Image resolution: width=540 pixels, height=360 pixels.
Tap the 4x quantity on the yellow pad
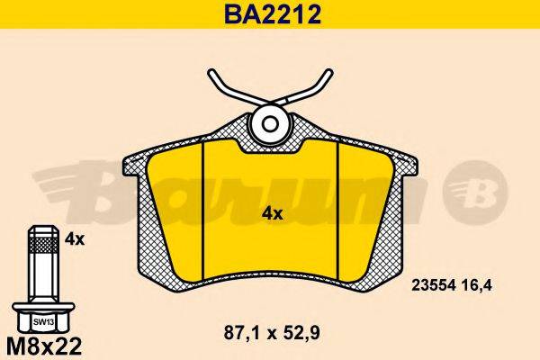pyautogui.click(x=272, y=214)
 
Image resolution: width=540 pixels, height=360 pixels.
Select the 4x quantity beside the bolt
pyautogui.click(x=75, y=239)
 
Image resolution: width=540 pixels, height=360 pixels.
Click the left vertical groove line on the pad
pyautogui.click(x=205, y=207)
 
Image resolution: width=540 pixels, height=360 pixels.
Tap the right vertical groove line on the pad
pyautogui.click(x=337, y=207)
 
